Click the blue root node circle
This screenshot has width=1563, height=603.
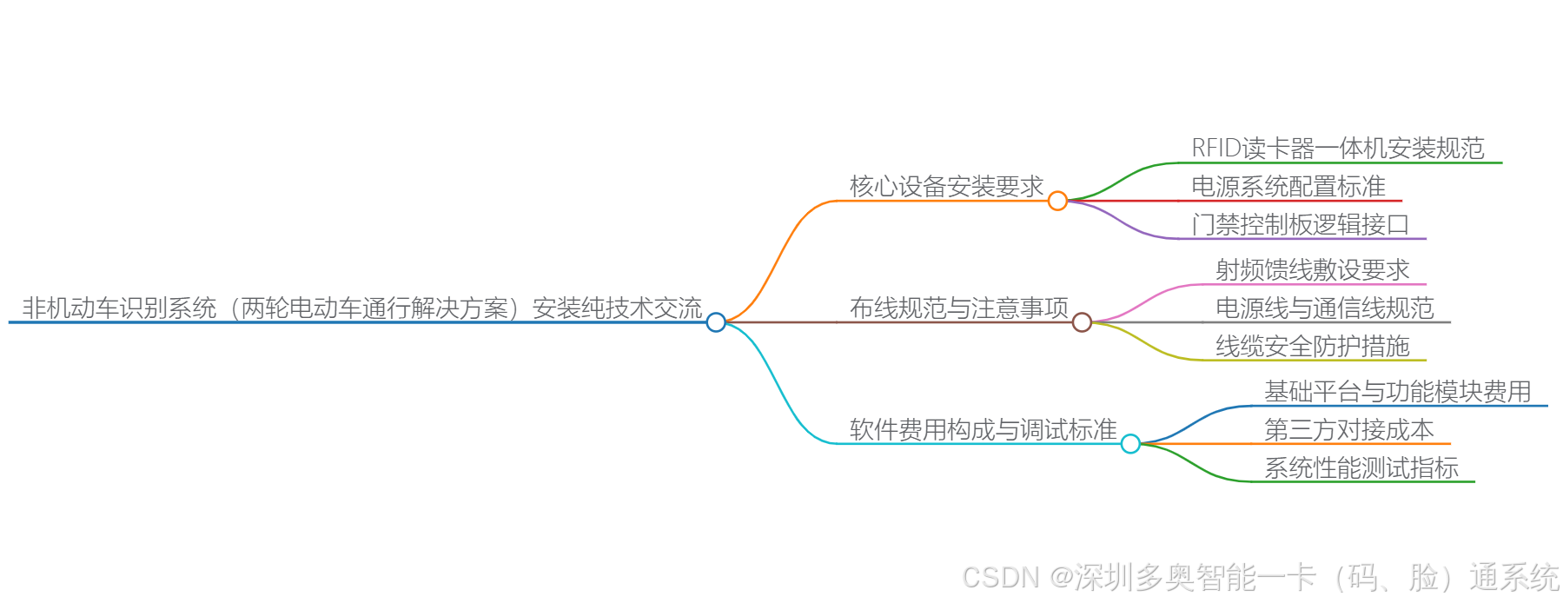[716, 322]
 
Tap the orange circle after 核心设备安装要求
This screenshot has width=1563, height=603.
[1057, 201]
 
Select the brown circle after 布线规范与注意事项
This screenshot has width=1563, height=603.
[1082, 322]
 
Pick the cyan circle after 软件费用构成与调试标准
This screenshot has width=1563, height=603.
[1130, 444]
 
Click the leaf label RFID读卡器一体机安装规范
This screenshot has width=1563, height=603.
[1338, 149]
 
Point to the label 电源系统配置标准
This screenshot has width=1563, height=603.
[1288, 187]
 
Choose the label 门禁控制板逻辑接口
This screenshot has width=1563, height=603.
[1300, 225]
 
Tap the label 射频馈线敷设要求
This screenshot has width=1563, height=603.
[1312, 270]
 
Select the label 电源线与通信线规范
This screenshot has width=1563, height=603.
[1324, 308]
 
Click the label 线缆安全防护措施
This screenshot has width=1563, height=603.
[1312, 347]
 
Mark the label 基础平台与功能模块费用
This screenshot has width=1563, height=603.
[1397, 392]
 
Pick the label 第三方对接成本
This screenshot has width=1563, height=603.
[1348, 430]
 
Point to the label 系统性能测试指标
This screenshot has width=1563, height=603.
[1361, 468]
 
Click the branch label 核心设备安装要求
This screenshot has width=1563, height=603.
[946, 187]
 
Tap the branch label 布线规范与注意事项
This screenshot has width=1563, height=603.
[958, 308]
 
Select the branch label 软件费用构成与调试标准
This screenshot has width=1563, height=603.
[983, 430]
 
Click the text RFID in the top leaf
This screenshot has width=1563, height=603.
[1216, 149]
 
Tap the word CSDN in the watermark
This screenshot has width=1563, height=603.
[1000, 578]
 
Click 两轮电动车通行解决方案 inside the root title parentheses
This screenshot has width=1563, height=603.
[374, 308]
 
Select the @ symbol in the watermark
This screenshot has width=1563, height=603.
[1061, 578]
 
